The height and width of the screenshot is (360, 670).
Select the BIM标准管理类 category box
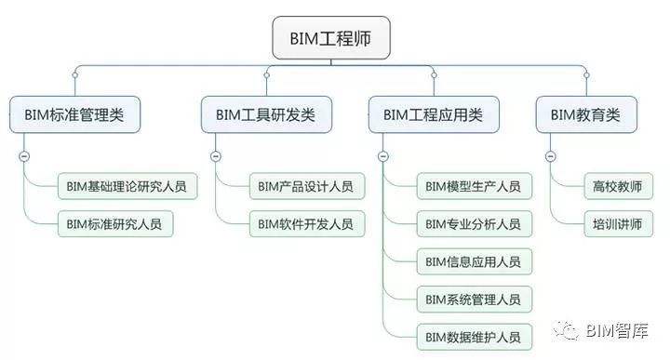(x=74, y=115)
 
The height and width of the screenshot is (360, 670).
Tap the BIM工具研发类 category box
(x=265, y=115)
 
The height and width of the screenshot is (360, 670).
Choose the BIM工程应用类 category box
(x=433, y=115)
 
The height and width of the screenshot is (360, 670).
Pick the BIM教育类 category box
(x=585, y=115)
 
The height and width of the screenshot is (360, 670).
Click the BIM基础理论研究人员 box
(x=127, y=186)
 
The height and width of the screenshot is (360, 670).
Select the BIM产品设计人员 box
(x=305, y=186)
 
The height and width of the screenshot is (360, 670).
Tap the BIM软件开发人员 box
(x=305, y=223)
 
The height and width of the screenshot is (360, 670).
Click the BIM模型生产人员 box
(x=473, y=186)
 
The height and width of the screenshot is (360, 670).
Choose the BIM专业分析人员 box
(x=473, y=223)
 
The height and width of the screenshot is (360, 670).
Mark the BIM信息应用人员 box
(x=473, y=261)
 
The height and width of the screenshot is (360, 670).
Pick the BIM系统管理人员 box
(x=473, y=299)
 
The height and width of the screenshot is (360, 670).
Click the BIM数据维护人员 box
(x=473, y=336)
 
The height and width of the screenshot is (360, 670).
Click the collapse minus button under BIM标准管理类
(x=23, y=156)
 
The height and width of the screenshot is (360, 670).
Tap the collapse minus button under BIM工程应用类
(x=382, y=156)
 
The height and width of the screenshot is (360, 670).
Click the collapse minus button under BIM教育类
(x=550, y=156)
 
